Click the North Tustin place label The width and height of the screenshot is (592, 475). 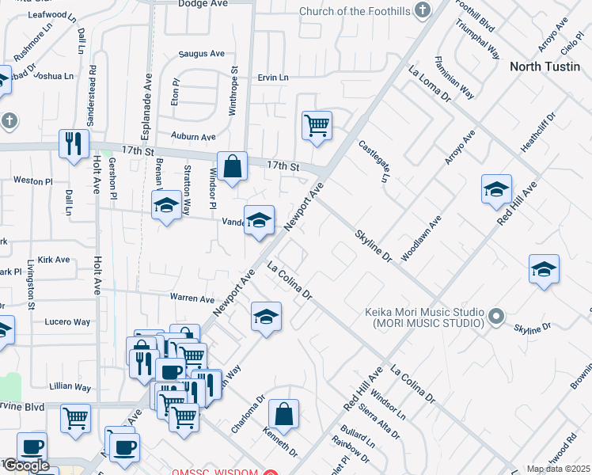546,66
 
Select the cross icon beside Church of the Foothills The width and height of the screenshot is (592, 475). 423,10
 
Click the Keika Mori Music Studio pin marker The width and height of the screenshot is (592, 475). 496,317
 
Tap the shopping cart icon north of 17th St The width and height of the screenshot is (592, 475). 317,125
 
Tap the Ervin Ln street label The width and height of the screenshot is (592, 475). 273,78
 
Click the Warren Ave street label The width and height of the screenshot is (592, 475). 192,299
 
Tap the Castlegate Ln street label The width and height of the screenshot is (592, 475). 374,161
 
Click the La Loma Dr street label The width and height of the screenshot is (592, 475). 429,85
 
